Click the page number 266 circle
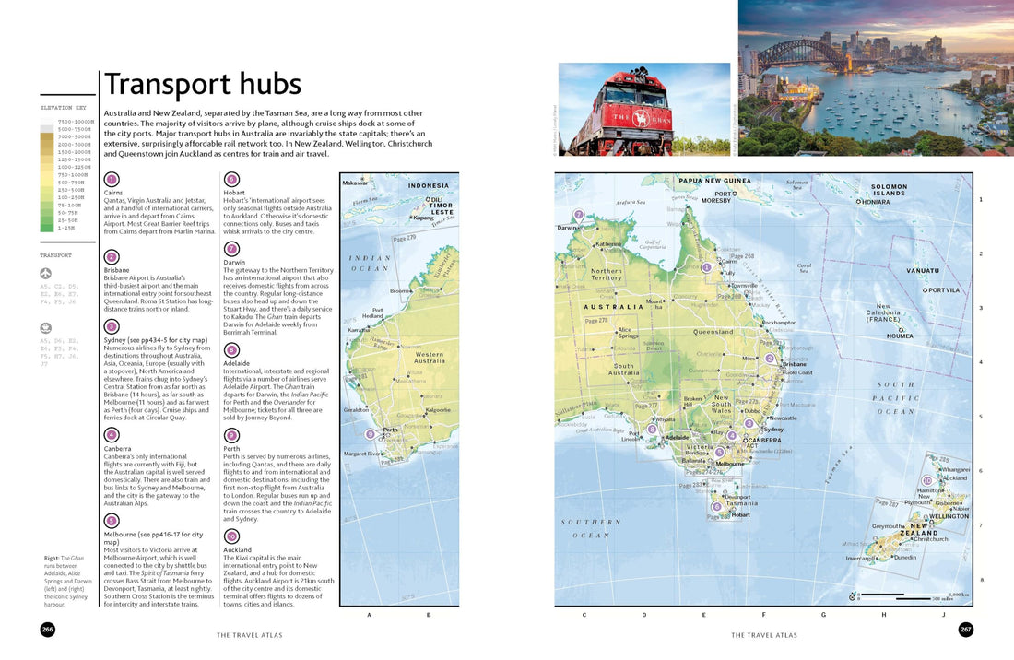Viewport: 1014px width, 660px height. point(47,630)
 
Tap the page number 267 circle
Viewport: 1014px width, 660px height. point(965,630)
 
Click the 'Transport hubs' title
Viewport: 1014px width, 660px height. point(203,85)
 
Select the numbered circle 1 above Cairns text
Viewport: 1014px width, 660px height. point(112,180)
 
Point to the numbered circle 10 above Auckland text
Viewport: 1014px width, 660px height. point(231,536)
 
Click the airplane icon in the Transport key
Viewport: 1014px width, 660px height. point(46,274)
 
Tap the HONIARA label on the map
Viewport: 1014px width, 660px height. point(876,201)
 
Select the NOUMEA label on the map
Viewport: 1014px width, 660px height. point(900,336)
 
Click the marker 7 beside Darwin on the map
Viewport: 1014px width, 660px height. point(579,215)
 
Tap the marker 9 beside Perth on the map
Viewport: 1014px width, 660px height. point(370,434)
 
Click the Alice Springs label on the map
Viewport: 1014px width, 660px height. point(626,332)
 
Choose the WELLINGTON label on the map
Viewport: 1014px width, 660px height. point(949,516)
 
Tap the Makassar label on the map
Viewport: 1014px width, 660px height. point(355,183)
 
